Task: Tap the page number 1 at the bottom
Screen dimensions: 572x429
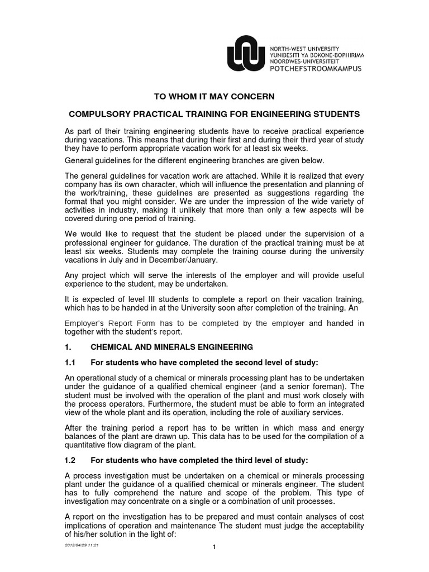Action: tap(214, 563)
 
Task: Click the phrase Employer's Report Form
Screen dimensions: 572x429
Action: tap(111, 323)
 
